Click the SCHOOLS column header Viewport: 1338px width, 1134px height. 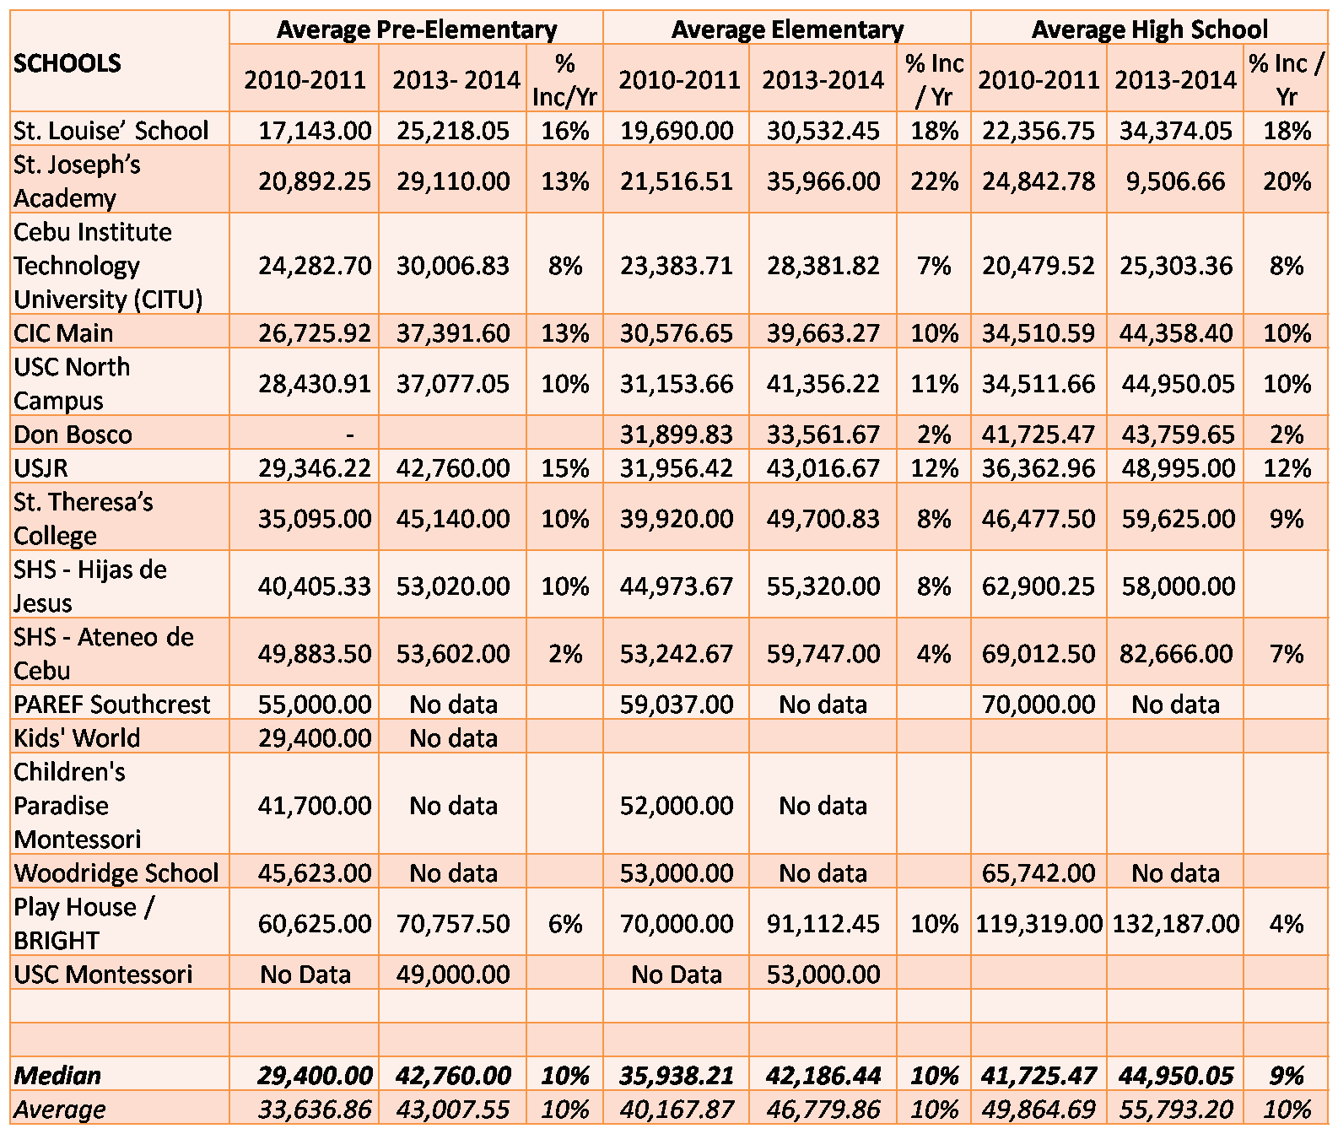click(67, 63)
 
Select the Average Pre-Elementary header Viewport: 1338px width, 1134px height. click(417, 30)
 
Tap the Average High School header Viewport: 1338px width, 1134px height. click(1149, 30)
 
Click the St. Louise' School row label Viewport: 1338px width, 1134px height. click(111, 131)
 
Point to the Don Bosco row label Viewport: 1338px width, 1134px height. click(73, 435)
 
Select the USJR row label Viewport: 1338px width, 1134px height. click(41, 468)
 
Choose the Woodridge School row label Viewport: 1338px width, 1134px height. click(116, 873)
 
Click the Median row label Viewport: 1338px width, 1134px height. click(57, 1076)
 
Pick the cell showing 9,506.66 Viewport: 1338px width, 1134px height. click(1175, 181)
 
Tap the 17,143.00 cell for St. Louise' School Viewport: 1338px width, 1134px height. click(315, 131)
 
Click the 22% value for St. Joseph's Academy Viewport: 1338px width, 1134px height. click(934, 181)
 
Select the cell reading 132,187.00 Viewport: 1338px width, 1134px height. click(1175, 924)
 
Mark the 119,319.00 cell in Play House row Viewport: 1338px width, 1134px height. click(1039, 924)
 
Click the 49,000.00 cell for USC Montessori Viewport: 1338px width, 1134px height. click(453, 975)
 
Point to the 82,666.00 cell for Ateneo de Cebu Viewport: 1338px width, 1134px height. click(1175, 654)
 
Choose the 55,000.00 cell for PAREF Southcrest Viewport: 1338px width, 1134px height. click(315, 705)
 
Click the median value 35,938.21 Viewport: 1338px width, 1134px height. click(677, 1076)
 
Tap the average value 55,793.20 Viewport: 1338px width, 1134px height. click(1175, 1110)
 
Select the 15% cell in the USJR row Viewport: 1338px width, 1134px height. click(565, 468)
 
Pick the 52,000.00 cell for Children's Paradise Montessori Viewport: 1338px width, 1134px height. click(677, 806)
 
